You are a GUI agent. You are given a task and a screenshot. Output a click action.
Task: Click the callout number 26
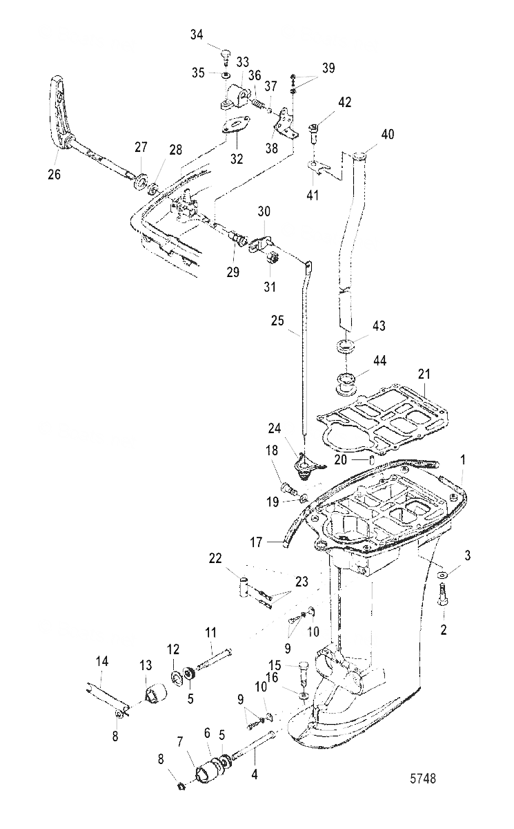click(54, 174)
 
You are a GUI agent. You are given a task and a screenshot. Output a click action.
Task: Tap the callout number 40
click(387, 134)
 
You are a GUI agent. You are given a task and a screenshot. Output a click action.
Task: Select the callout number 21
click(424, 374)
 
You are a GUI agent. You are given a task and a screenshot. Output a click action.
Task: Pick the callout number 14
click(101, 662)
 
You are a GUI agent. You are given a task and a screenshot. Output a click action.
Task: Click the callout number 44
click(379, 361)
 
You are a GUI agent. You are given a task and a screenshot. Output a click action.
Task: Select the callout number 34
click(197, 36)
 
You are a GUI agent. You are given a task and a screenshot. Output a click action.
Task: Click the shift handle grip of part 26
click(61, 111)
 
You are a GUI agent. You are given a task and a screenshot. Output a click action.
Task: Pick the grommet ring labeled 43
click(348, 345)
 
